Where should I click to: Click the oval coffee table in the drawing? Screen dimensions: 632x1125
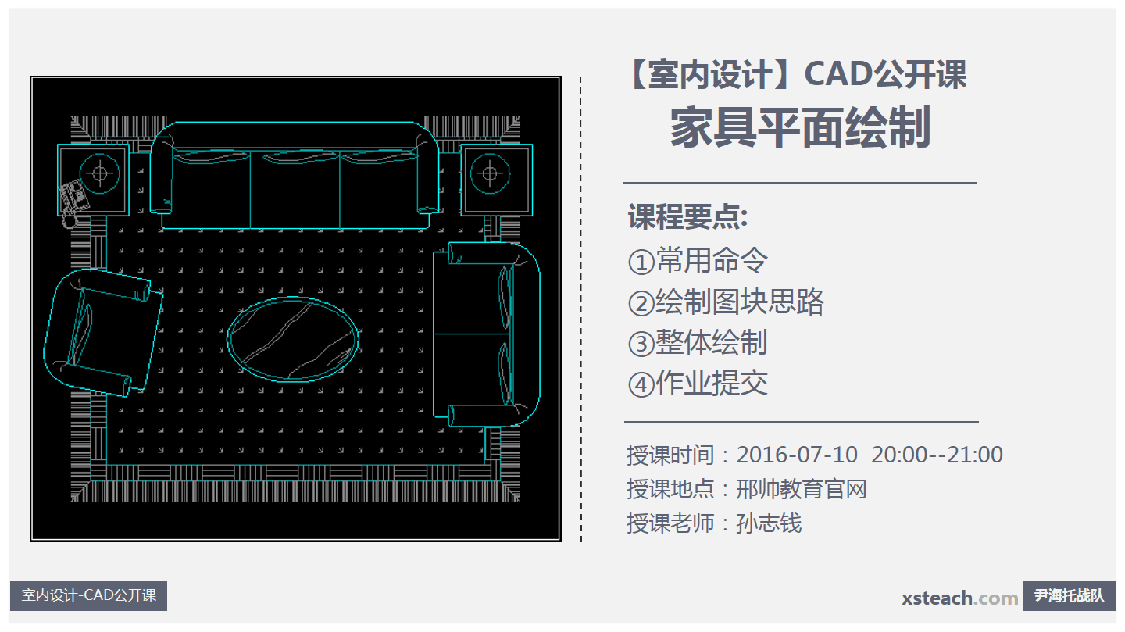coord(293,339)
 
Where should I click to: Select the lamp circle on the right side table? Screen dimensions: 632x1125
coord(489,173)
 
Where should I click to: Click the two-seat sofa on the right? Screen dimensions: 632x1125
coord(486,334)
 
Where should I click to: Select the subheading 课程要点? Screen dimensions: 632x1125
coord(687,217)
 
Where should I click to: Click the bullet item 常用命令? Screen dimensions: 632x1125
coord(712,260)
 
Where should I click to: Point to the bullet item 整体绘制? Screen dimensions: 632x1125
coord(712,342)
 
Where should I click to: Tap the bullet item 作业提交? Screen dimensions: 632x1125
coord(712,383)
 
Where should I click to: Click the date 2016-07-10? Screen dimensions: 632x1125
coord(797,455)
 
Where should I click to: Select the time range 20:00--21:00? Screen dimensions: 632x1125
coord(937,455)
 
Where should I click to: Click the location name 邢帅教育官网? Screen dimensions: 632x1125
coord(802,489)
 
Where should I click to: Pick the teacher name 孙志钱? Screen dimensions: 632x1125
coord(769,523)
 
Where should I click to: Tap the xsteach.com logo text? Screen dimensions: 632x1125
coord(959,598)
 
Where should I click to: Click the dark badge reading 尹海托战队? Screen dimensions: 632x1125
coord(1070,596)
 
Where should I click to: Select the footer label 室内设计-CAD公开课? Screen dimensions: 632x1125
coord(89,595)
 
